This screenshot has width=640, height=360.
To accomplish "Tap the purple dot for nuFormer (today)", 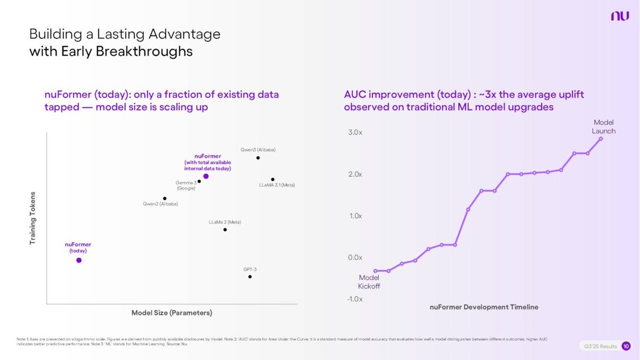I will pyautogui.click(x=79, y=260).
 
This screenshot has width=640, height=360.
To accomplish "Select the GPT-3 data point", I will pyautogui.click(x=250, y=276).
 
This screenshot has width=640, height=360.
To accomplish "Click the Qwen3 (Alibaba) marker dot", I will pyautogui.click(x=258, y=158).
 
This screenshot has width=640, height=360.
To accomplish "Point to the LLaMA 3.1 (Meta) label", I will pyautogui.click(x=277, y=185).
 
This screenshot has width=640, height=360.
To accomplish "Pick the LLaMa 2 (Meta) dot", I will pyautogui.click(x=225, y=230).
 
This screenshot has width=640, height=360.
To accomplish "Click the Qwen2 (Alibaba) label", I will pyautogui.click(x=161, y=204).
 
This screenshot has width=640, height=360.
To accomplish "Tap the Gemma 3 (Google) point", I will pyautogui.click(x=199, y=181).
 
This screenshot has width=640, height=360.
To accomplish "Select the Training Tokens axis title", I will pyautogui.click(x=33, y=218).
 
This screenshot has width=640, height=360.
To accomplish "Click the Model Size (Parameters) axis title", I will pyautogui.click(x=172, y=313).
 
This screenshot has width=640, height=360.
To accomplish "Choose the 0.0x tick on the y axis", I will pyautogui.click(x=355, y=258).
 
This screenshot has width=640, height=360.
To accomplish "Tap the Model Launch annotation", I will pyautogui.click(x=604, y=127).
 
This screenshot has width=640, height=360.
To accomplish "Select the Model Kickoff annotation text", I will pyautogui.click(x=369, y=282).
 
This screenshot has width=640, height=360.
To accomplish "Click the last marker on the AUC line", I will pyautogui.click(x=601, y=139).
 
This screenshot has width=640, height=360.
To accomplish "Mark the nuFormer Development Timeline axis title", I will pyautogui.click(x=484, y=307).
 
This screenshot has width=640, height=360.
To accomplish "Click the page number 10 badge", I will pyautogui.click(x=626, y=347).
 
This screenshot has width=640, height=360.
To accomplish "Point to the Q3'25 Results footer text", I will pyautogui.click(x=599, y=347).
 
